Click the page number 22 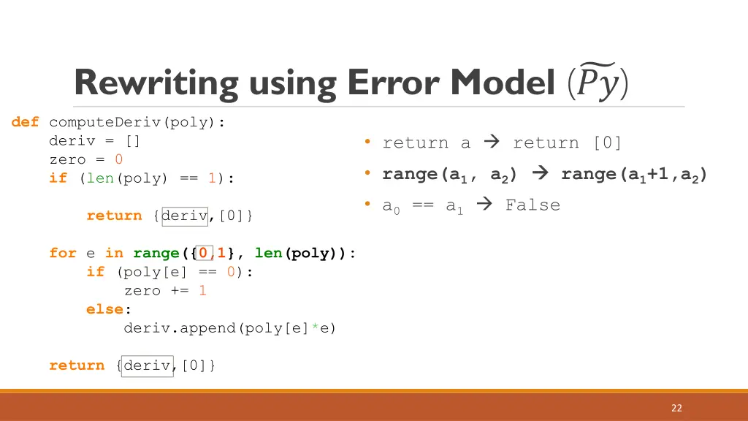click(x=676, y=408)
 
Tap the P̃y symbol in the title click(x=597, y=83)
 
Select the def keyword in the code click(x=25, y=122)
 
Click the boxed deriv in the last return click(x=147, y=365)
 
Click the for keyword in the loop click(x=62, y=253)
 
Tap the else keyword click(x=104, y=309)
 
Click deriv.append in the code click(x=179, y=328)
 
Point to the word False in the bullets click(x=533, y=205)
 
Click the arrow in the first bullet click(x=492, y=143)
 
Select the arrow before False click(x=484, y=205)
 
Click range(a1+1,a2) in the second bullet click(x=633, y=175)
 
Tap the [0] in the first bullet click(x=606, y=143)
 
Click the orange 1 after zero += click(x=202, y=290)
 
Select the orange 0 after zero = click(x=119, y=159)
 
